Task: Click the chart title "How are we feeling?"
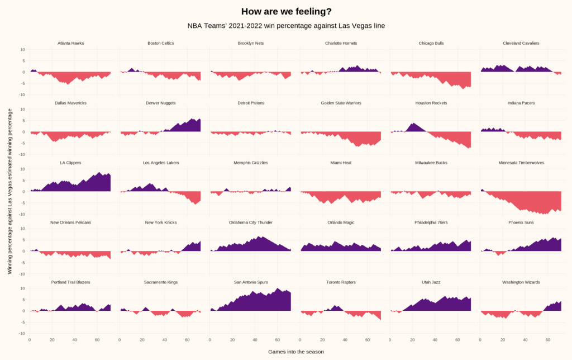[286, 11]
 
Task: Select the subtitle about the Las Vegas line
[286, 26]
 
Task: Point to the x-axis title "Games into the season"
[295, 352]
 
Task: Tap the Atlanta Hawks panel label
[70, 43]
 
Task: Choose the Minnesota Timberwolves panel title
[521, 163]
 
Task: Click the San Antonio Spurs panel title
[251, 282]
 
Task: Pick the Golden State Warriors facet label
[341, 103]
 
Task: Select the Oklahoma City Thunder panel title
[251, 222]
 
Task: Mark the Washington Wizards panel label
[521, 282]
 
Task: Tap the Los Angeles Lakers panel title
[161, 163]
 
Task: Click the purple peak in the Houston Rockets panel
[413, 124]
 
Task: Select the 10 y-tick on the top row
[22, 49]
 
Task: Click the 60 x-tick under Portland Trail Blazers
[97, 339]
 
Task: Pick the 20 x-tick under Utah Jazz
[413, 339]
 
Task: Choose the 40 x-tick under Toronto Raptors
[345, 339]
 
